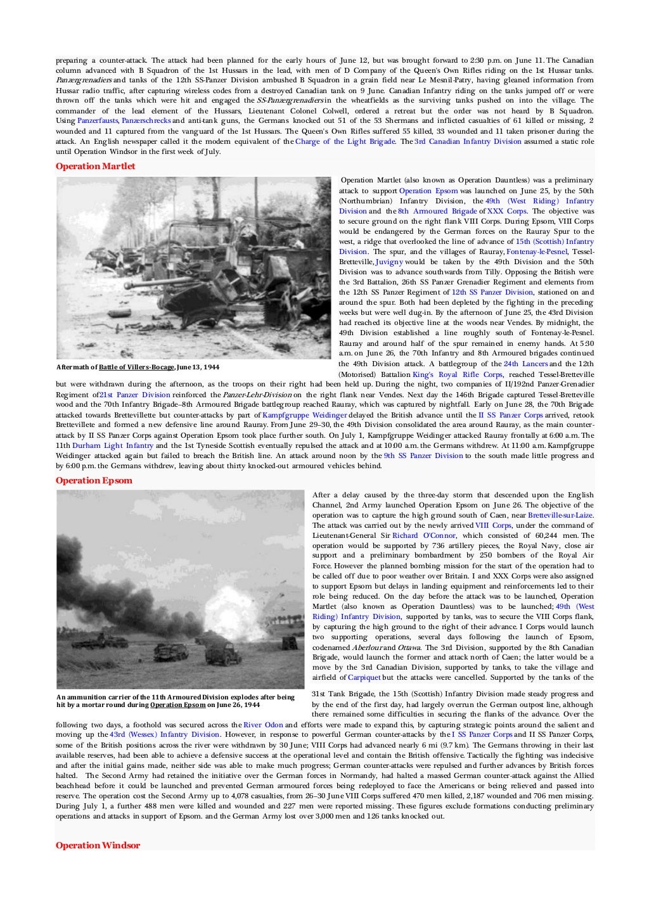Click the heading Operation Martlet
click(x=95, y=167)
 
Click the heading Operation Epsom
click(x=94, y=480)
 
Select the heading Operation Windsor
click(x=98, y=845)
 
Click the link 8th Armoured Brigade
click(x=438, y=211)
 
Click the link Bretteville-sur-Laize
click(x=560, y=515)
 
